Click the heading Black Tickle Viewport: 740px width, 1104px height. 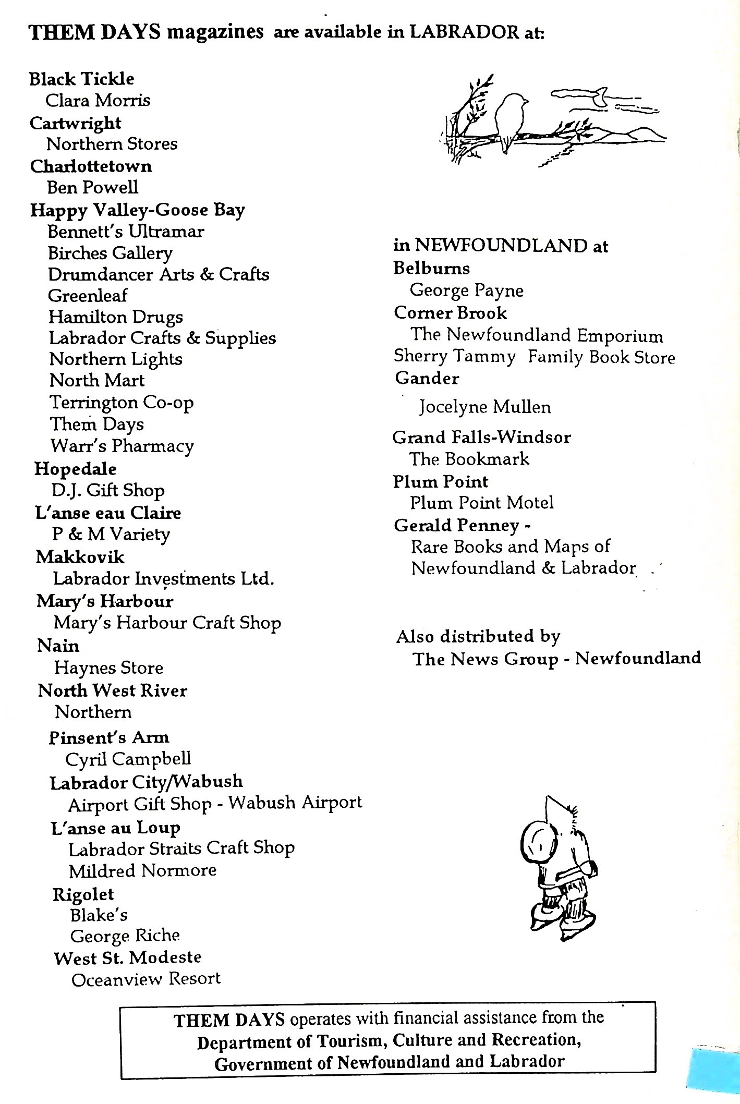pyautogui.click(x=81, y=79)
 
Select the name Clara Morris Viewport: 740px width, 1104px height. pyautogui.click(x=98, y=100)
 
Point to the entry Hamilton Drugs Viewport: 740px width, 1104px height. pyautogui.click(x=116, y=317)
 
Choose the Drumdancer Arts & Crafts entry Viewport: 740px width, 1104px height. pyautogui.click(x=159, y=274)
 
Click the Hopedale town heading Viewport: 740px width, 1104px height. pyautogui.click(x=75, y=469)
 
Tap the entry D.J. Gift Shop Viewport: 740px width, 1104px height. pyautogui.click(x=108, y=490)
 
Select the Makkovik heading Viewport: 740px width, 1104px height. pyautogui.click(x=80, y=557)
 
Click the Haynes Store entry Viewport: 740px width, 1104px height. pyautogui.click(x=108, y=668)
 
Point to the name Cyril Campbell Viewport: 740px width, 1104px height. pyautogui.click(x=128, y=759)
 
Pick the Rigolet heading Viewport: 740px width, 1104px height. pyautogui.click(x=83, y=894)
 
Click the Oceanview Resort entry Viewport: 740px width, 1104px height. pyautogui.click(x=146, y=979)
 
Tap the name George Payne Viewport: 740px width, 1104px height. pyautogui.click(x=466, y=290)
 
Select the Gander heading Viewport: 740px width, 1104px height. pyautogui.click(x=427, y=378)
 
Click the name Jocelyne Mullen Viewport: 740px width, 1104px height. pyautogui.click(x=484, y=407)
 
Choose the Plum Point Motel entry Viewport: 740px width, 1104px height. pyautogui.click(x=481, y=503)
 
